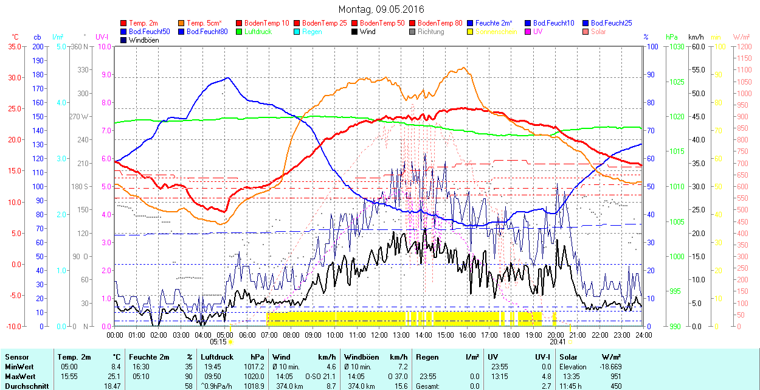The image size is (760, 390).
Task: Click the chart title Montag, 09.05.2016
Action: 381,9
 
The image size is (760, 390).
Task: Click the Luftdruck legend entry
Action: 257,32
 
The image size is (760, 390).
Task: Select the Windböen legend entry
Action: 143,40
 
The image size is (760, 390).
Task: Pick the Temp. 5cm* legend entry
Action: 204,23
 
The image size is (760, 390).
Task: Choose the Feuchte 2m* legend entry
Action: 494,23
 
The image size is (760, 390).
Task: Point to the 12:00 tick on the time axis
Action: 379,335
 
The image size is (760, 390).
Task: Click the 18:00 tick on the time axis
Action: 511,335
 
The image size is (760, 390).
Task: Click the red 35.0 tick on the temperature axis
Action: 14,46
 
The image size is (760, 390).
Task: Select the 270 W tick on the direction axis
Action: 80,116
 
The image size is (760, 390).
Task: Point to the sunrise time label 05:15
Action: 218,342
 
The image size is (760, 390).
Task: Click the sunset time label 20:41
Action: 558,342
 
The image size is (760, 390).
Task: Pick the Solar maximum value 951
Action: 615,377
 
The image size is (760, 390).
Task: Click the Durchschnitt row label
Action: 22,386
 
